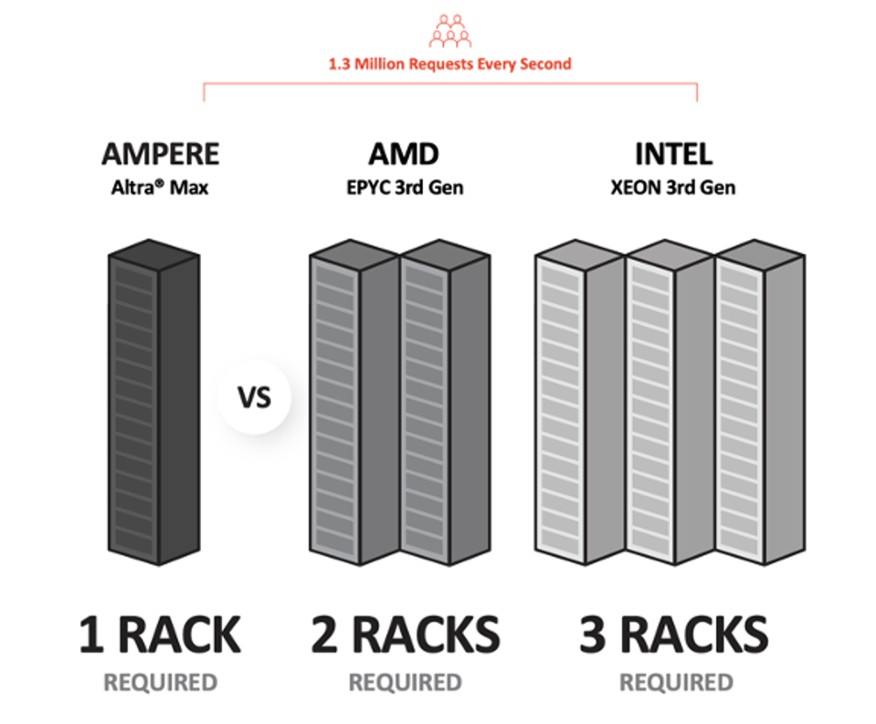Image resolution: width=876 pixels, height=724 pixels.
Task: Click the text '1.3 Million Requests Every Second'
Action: [450, 64]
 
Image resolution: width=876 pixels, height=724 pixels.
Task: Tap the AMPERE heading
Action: [161, 153]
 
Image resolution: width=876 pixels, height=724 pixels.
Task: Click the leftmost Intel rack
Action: [579, 402]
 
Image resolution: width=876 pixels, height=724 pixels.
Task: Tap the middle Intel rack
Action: [670, 402]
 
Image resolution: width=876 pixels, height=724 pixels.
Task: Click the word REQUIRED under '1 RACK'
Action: [161, 682]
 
